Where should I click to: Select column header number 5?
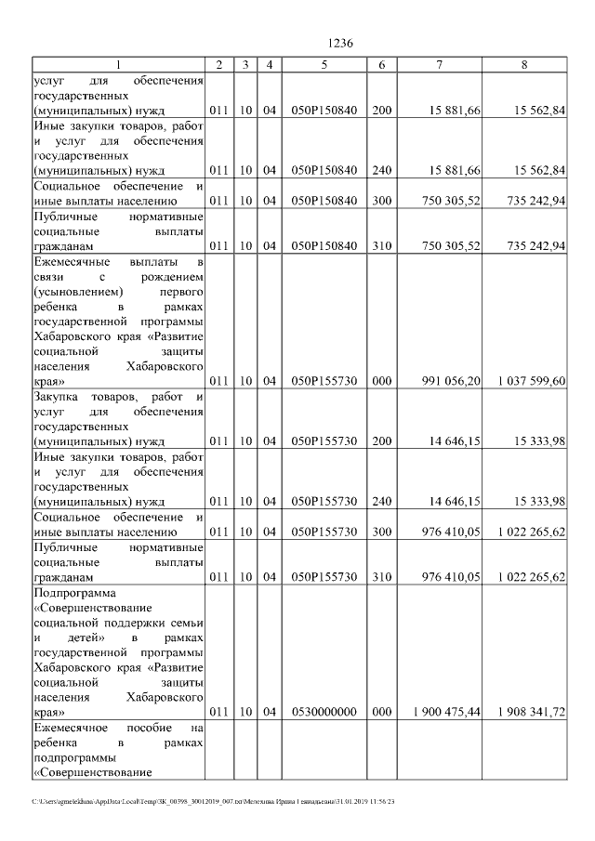pos(324,64)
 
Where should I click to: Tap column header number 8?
pos(524,64)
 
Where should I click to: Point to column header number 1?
pos(118,64)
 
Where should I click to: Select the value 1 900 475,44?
pos(447,712)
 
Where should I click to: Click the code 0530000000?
pos(324,712)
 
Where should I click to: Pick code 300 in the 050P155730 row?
pos(381,532)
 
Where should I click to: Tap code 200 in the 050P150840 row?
pos(381,111)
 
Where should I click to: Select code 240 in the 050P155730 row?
pos(381,502)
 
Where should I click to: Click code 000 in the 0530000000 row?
pos(381,712)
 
